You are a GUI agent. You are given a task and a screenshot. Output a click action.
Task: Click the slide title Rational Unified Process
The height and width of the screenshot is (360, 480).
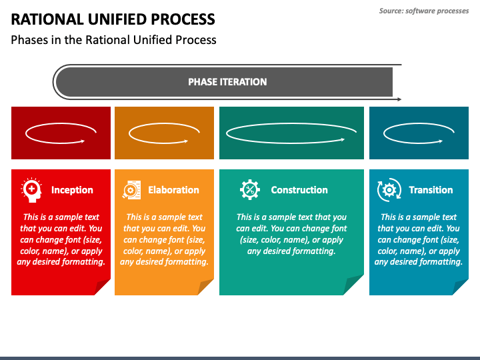tap(113, 19)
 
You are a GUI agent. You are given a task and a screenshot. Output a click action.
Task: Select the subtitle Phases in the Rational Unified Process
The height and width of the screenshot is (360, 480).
tap(113, 40)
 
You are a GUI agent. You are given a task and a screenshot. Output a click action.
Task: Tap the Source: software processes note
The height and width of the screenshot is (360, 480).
tap(424, 11)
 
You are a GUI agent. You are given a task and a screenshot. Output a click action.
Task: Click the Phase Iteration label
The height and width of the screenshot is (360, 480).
tap(227, 82)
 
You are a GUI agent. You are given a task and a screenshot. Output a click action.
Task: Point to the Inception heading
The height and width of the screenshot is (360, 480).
tap(72, 190)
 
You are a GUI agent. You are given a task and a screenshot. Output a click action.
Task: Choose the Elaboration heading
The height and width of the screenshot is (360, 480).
tap(173, 190)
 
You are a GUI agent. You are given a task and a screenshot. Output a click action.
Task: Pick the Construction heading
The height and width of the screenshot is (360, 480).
tap(299, 190)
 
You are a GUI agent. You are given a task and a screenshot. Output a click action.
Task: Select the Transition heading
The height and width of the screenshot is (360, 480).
tap(431, 190)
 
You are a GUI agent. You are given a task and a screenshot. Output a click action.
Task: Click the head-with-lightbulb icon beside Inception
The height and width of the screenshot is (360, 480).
tap(31, 190)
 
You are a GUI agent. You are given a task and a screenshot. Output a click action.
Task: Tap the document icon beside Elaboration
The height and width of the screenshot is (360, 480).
tap(131, 190)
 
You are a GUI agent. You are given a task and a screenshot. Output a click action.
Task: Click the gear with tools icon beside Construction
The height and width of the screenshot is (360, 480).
tap(250, 190)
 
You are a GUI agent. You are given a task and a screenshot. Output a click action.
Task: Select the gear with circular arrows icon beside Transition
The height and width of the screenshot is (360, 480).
tap(389, 190)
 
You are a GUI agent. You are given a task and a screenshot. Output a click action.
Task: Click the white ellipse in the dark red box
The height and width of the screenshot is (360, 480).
tap(56, 133)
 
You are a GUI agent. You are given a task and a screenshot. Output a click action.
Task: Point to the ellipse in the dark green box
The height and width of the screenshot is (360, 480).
tap(287, 133)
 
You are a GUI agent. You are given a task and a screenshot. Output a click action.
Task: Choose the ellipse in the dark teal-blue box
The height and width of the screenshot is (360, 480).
tap(419, 133)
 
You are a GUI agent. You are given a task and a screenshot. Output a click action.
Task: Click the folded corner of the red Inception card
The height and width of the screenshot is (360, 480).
tap(102, 287)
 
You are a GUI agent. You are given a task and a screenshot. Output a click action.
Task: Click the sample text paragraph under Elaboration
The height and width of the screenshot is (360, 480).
tap(164, 239)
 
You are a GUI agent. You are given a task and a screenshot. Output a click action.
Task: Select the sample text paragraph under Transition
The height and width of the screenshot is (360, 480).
tap(419, 239)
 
